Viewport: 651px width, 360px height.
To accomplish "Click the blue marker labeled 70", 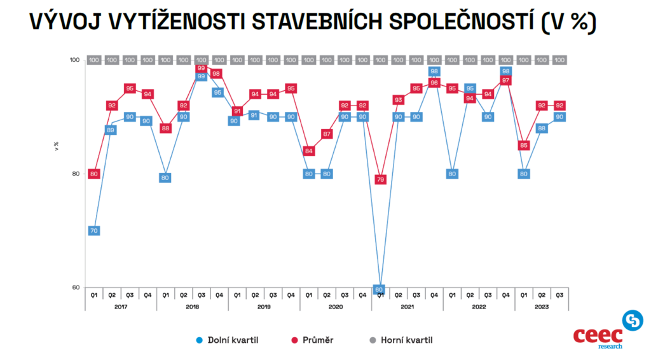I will (x=93, y=230).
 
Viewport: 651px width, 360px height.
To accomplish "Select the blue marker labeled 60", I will (x=380, y=289).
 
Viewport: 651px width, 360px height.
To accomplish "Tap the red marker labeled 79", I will (x=380, y=179).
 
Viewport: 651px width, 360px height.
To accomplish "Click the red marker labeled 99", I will (x=201, y=68).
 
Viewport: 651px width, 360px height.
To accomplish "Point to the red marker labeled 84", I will (x=308, y=151).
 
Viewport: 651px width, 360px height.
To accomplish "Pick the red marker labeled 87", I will (x=327, y=134).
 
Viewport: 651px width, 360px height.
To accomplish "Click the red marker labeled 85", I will (x=524, y=145).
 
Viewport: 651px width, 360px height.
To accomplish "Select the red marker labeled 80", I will (x=93, y=174).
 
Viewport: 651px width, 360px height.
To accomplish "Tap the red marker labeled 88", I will (x=165, y=128).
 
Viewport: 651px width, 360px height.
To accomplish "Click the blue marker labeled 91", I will (x=255, y=115).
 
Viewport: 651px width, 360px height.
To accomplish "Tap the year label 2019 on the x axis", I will (x=264, y=306).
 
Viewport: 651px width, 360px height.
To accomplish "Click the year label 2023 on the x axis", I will (x=542, y=306).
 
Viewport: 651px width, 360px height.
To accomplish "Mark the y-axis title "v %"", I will (x=56, y=145).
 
